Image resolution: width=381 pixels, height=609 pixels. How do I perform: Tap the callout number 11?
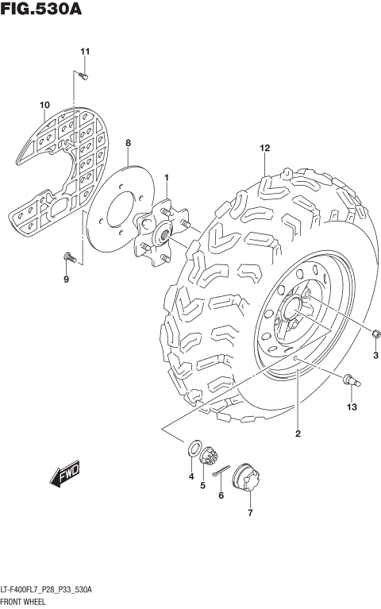(x=85, y=52)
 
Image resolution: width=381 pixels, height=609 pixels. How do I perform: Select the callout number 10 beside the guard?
(x=44, y=105)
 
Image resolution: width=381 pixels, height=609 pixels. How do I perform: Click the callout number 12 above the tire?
(x=265, y=148)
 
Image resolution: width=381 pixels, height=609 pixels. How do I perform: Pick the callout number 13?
(x=352, y=407)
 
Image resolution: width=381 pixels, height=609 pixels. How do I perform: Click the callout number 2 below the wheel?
(x=298, y=433)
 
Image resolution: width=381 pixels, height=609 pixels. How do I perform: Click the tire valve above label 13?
(x=350, y=381)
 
